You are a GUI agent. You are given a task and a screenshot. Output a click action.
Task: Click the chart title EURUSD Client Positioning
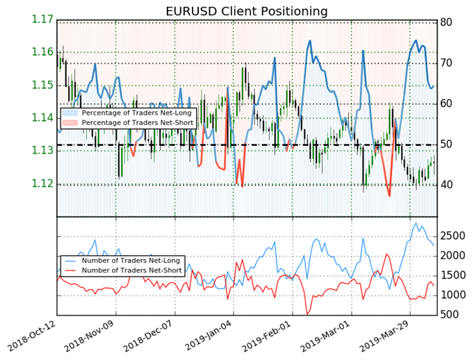pos(247,10)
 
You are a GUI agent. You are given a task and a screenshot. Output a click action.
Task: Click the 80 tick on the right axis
pos(447,23)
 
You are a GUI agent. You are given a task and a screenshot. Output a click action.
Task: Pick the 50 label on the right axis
pos(447,145)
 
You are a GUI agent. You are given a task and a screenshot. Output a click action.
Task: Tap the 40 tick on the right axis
pos(447,185)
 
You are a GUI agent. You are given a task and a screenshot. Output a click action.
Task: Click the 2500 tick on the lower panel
pos(453,236)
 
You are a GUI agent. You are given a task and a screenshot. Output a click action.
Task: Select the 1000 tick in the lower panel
pos(453,295)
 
